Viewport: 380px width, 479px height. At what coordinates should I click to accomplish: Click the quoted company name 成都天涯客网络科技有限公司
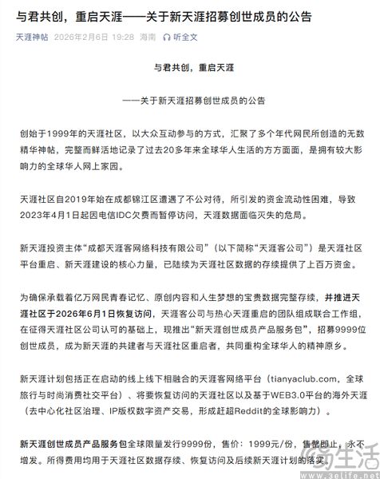point(144,248)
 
